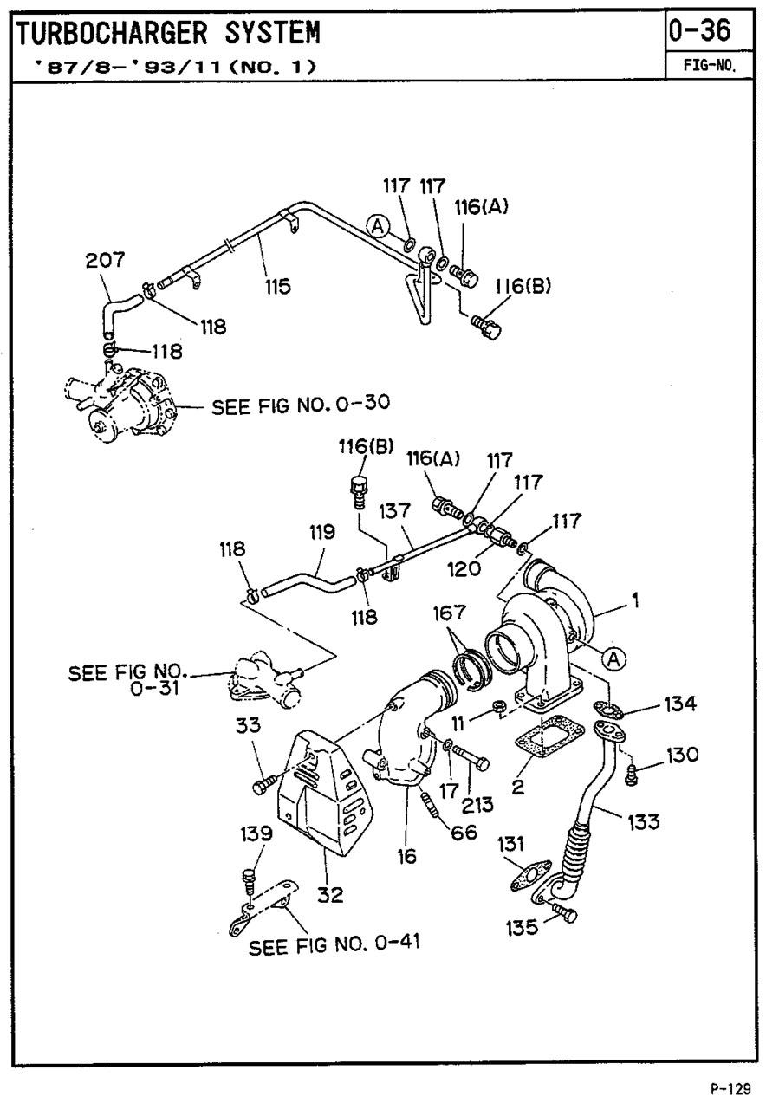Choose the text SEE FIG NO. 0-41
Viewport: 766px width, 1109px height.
pos(334,944)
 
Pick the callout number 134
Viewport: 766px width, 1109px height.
pos(679,703)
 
